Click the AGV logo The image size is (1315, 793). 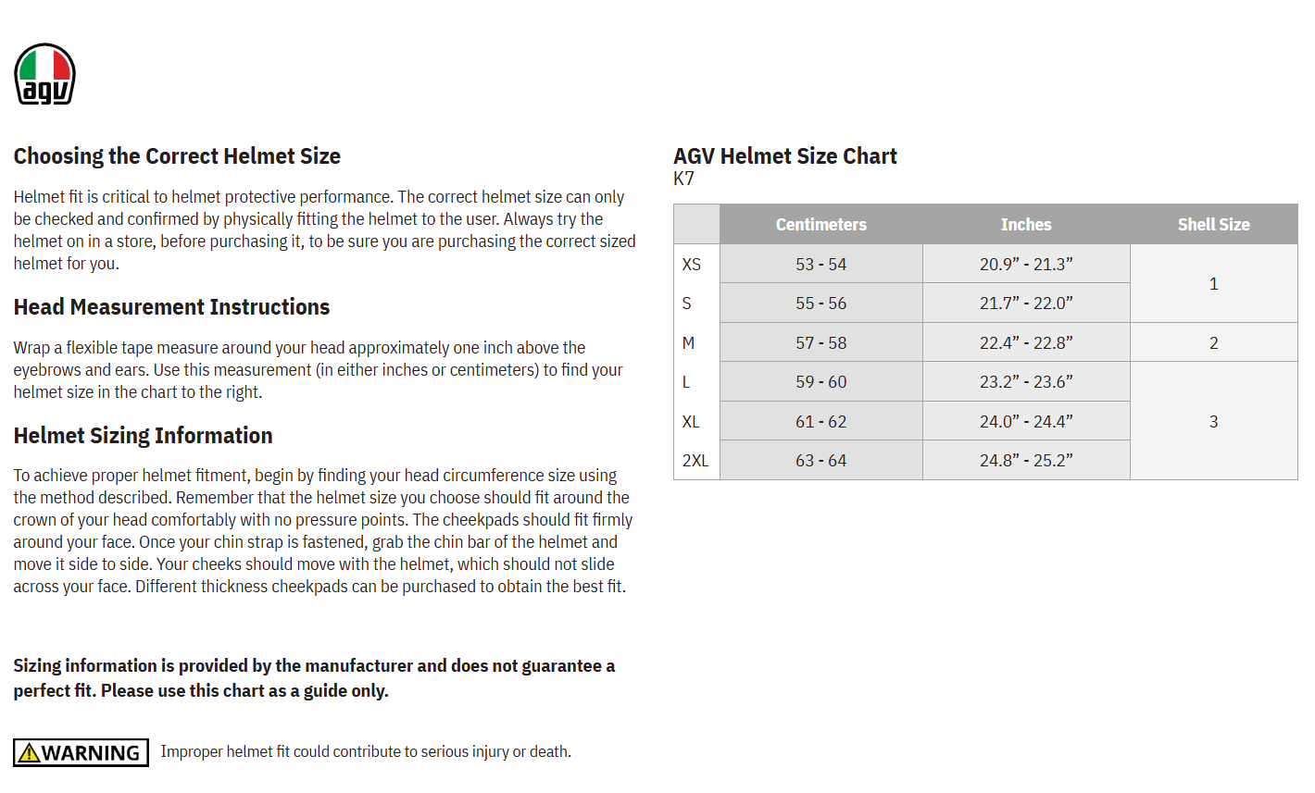pyautogui.click(x=44, y=74)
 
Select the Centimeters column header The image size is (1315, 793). pyautogui.click(x=820, y=224)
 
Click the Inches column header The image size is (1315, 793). pyautogui.click(x=1026, y=224)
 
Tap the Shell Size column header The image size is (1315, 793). pyautogui.click(x=1213, y=224)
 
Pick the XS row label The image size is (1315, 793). pyautogui.click(x=692, y=265)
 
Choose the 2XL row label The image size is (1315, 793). pyautogui.click(x=695, y=461)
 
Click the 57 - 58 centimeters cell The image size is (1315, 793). pyautogui.click(x=820, y=343)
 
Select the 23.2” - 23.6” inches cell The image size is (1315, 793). pyautogui.click(x=1026, y=382)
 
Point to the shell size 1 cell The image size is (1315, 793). pyautogui.click(x=1213, y=284)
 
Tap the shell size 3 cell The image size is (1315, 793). pyautogui.click(x=1213, y=422)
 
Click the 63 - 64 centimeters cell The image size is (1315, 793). pyautogui.click(x=820, y=461)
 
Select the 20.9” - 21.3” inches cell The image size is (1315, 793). pyautogui.click(x=1026, y=265)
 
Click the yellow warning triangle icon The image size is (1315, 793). pyautogui.click(x=29, y=753)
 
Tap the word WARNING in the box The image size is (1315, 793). pyautogui.click(x=91, y=753)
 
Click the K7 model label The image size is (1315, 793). pyautogui.click(x=683, y=179)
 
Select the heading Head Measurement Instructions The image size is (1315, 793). pyautogui.click(x=171, y=307)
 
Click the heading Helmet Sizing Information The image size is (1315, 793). pyautogui.click(x=143, y=436)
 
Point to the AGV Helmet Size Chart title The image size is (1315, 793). pyautogui.click(x=784, y=156)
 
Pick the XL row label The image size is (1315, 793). pyautogui.click(x=691, y=422)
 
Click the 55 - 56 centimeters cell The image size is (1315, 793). pyautogui.click(x=820, y=304)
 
